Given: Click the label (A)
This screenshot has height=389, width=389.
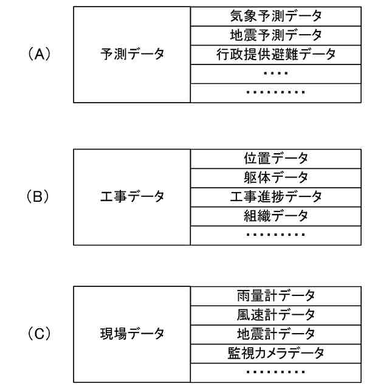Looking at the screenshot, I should tap(38, 54).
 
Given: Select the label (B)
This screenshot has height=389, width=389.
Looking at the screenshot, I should tap(38, 197).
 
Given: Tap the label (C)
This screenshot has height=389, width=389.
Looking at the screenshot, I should tap(38, 334).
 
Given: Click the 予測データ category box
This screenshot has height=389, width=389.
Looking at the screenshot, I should tap(132, 54).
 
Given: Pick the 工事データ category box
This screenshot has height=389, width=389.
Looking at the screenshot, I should tap(132, 197).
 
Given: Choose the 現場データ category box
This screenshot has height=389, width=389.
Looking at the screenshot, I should tap(132, 334).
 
